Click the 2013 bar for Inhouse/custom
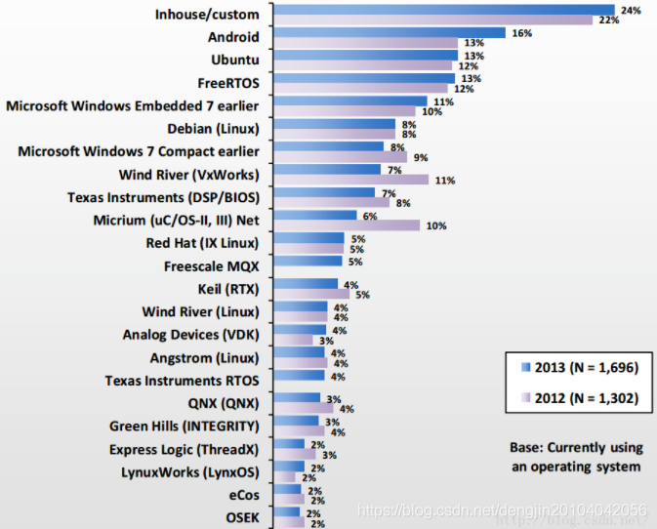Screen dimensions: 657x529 tap(444, 10)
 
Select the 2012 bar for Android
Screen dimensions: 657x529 tap(366, 43)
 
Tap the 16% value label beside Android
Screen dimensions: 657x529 tap(521, 33)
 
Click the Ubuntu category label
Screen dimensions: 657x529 tap(235, 60)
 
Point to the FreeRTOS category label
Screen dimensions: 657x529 tap(228, 83)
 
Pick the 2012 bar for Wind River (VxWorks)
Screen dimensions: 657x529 tap(351, 180)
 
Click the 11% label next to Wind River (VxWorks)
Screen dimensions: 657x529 tap(445, 181)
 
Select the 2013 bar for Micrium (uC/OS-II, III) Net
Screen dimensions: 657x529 tap(315, 215)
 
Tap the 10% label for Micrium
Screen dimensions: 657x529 tap(436, 225)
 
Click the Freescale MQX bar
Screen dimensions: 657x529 tap(308, 261)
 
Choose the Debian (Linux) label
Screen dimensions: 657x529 tap(213, 129)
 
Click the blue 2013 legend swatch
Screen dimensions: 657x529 tap(526, 367)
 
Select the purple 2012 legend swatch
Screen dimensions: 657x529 tap(526, 397)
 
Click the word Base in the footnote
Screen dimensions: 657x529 tap(524, 447)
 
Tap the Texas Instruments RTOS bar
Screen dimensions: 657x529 tap(299, 375)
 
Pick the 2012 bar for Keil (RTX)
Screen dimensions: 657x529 tap(311, 294)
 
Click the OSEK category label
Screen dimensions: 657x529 tap(243, 517)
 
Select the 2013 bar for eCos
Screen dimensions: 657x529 tap(287, 489)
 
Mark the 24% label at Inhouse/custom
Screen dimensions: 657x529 tap(631, 10)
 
